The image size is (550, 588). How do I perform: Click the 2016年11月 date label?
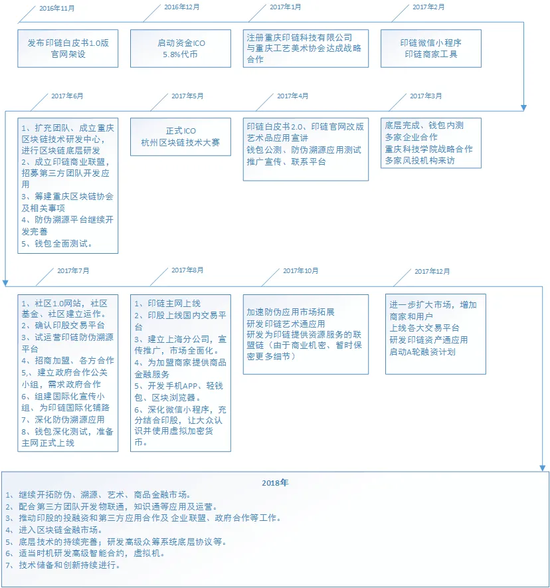coord(57,8)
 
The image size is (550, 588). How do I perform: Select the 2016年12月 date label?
coord(182,7)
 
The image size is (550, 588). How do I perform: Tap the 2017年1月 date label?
coord(286,7)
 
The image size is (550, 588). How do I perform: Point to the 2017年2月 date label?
coord(428,7)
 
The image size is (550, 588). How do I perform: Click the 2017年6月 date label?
coord(67,96)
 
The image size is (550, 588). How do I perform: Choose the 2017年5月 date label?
coord(187,96)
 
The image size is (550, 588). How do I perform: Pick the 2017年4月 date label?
coord(293,96)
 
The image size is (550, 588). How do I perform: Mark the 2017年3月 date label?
coord(426,96)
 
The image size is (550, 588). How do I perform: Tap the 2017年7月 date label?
coord(73,271)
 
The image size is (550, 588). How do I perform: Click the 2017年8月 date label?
coord(187,270)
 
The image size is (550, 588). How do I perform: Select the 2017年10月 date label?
coord(301,271)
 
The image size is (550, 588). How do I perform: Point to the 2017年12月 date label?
coord(432,271)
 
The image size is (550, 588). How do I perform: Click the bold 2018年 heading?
coord(275,482)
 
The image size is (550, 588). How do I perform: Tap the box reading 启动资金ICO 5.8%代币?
coord(181,49)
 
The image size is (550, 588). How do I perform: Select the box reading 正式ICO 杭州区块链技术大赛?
coord(181,137)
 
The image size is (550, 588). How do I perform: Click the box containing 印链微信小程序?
coord(431,49)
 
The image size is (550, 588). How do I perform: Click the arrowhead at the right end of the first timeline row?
coord(523,108)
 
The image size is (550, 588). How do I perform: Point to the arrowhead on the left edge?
coord(5,283)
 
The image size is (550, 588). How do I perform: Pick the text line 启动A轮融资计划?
coord(422,351)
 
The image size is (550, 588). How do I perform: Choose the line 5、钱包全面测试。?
coord(56,243)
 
